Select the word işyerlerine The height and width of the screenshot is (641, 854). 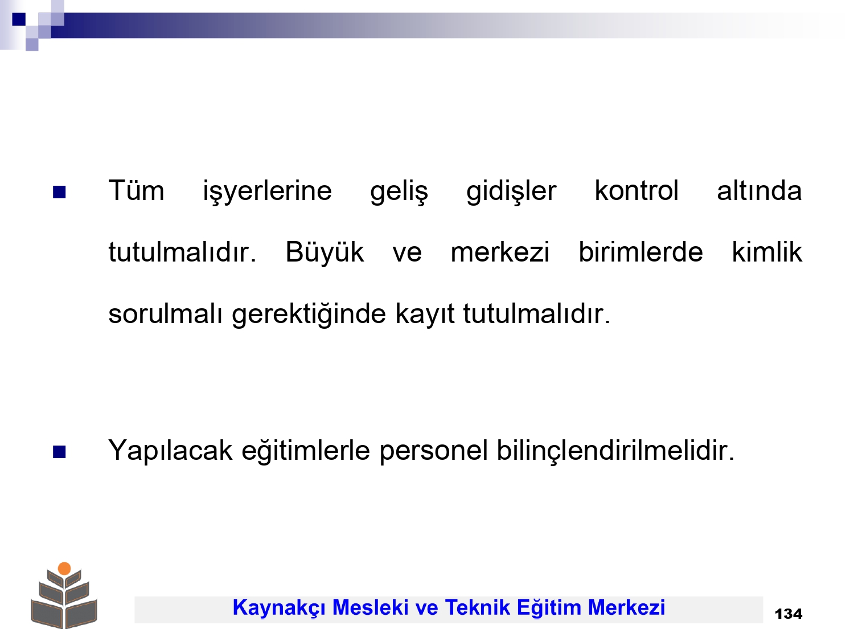(x=267, y=191)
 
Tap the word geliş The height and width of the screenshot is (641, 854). (x=399, y=191)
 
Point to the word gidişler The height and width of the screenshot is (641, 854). (x=511, y=191)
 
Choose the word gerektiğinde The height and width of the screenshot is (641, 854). (x=309, y=315)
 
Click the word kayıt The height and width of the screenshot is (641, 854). (x=425, y=315)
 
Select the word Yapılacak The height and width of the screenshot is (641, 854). (x=170, y=451)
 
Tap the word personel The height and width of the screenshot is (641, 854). (x=433, y=451)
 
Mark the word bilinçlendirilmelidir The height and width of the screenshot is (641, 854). (x=615, y=451)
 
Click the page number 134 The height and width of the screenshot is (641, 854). (x=789, y=614)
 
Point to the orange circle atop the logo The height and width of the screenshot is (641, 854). (x=64, y=569)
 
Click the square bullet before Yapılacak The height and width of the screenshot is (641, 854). (x=59, y=452)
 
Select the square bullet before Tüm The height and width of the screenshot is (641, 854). (x=59, y=192)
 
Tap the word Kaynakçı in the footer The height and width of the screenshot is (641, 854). (x=278, y=608)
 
